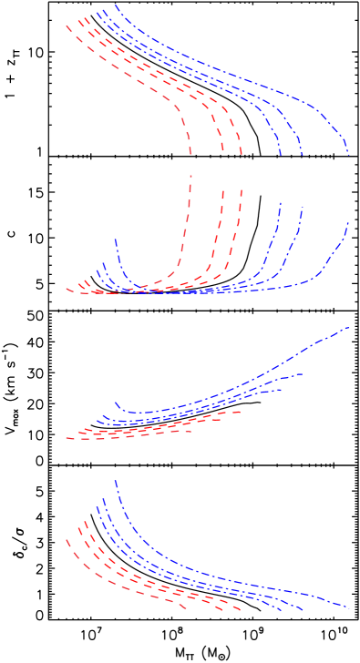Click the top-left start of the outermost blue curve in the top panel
tap(116, 5)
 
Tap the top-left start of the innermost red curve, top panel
tap(67, 25)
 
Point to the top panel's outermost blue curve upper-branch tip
tap(349, 155)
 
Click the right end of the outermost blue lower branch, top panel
tap(349, 221)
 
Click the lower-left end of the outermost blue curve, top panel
tap(116, 239)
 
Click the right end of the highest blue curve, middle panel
tap(349, 326)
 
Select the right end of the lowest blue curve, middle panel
tap(281, 390)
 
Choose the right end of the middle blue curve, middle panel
tap(302, 373)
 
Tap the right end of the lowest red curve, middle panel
tap(190, 431)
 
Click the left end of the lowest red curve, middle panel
tap(67, 438)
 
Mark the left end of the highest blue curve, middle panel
tap(116, 402)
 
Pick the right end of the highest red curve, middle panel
tap(241, 412)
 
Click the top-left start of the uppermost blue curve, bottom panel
tap(116, 481)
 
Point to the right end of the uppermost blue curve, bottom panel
tap(349, 607)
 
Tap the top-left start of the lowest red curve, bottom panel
tap(67, 540)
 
